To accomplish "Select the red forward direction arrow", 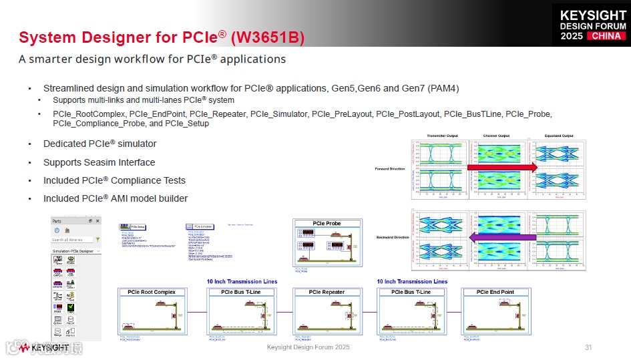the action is (x=502, y=167).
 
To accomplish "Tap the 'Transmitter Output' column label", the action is (x=442, y=136).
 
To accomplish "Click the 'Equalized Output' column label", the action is (x=558, y=136).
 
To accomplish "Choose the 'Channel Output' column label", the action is (x=496, y=136).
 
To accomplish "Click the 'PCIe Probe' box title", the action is (x=327, y=223).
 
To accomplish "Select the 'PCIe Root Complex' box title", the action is (x=147, y=292).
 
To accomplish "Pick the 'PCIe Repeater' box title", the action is (x=327, y=292).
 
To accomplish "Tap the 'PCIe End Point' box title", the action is (x=495, y=292).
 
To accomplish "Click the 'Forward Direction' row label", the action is (x=390, y=168).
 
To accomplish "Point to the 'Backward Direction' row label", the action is (x=392, y=237).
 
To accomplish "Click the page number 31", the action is (x=588, y=347).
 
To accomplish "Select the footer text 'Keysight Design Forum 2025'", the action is (x=308, y=347).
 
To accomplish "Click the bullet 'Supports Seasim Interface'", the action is (x=99, y=162).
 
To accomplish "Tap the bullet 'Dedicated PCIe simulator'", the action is (x=99, y=144).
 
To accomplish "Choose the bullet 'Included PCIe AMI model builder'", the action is (x=115, y=198).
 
